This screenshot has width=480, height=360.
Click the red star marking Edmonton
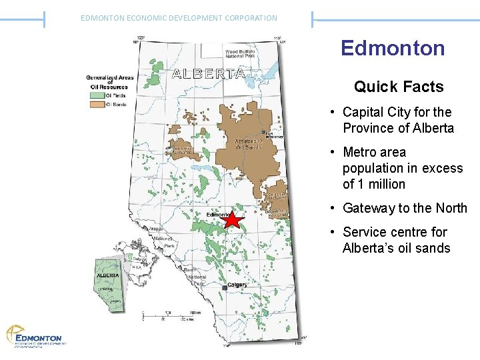click(231, 219)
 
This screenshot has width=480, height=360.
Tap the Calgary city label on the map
click(237, 285)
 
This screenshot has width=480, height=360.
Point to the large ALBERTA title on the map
click(208, 73)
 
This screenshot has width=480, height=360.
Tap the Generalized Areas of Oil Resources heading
click(110, 81)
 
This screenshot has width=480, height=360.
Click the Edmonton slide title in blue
click(392, 48)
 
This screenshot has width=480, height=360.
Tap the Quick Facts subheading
click(399, 87)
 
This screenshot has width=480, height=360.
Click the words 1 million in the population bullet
click(381, 184)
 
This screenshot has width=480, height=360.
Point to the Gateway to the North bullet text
click(405, 208)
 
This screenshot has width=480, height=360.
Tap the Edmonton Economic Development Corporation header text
click(179, 18)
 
